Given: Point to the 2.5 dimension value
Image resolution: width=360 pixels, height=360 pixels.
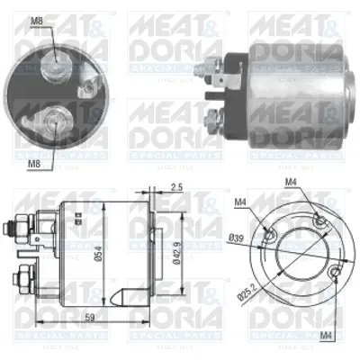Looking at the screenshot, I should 176,186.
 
